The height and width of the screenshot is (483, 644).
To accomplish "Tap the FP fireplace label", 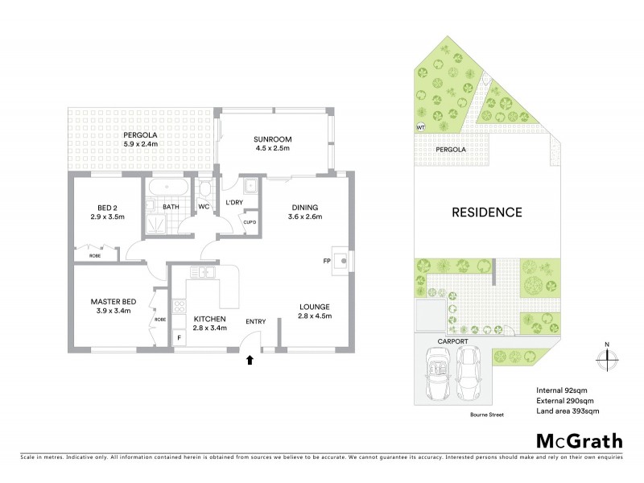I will [x=328, y=261].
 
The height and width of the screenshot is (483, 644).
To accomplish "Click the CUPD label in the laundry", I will [x=250, y=222].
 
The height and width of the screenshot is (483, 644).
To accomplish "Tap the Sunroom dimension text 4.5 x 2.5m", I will [x=274, y=149].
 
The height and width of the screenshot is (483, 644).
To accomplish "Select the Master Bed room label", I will [x=113, y=301].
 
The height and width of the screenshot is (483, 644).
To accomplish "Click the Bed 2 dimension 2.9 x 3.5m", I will [x=107, y=217].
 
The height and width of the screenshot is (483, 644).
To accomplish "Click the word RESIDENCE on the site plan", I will [x=486, y=213].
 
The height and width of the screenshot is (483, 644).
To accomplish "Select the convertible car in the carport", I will [x=440, y=376].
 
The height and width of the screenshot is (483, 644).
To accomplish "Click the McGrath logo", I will [x=579, y=440].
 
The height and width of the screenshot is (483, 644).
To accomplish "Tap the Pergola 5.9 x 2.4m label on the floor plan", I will [x=141, y=139].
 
